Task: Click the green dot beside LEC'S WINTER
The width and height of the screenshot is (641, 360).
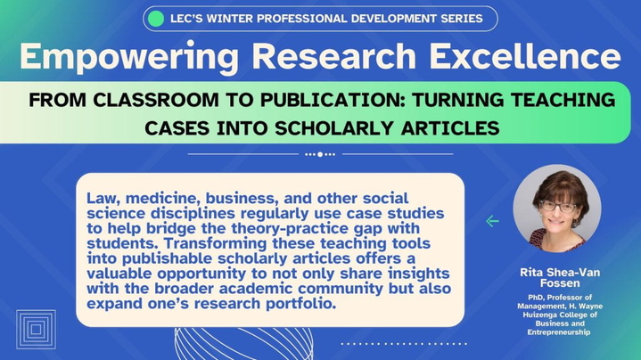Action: (156, 19)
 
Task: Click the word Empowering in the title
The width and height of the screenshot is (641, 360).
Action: (129, 57)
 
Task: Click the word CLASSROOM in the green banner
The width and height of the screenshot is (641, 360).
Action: (156, 100)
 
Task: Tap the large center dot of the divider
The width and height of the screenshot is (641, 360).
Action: (320, 154)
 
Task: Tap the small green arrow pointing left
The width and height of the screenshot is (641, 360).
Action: (493, 221)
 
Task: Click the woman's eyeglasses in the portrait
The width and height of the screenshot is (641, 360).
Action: (558, 207)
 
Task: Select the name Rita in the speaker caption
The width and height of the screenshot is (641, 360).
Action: (530, 273)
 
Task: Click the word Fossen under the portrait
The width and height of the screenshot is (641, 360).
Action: (560, 283)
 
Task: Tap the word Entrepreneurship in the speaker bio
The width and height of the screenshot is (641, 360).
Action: (558, 332)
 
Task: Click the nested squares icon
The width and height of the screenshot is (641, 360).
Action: (36, 330)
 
